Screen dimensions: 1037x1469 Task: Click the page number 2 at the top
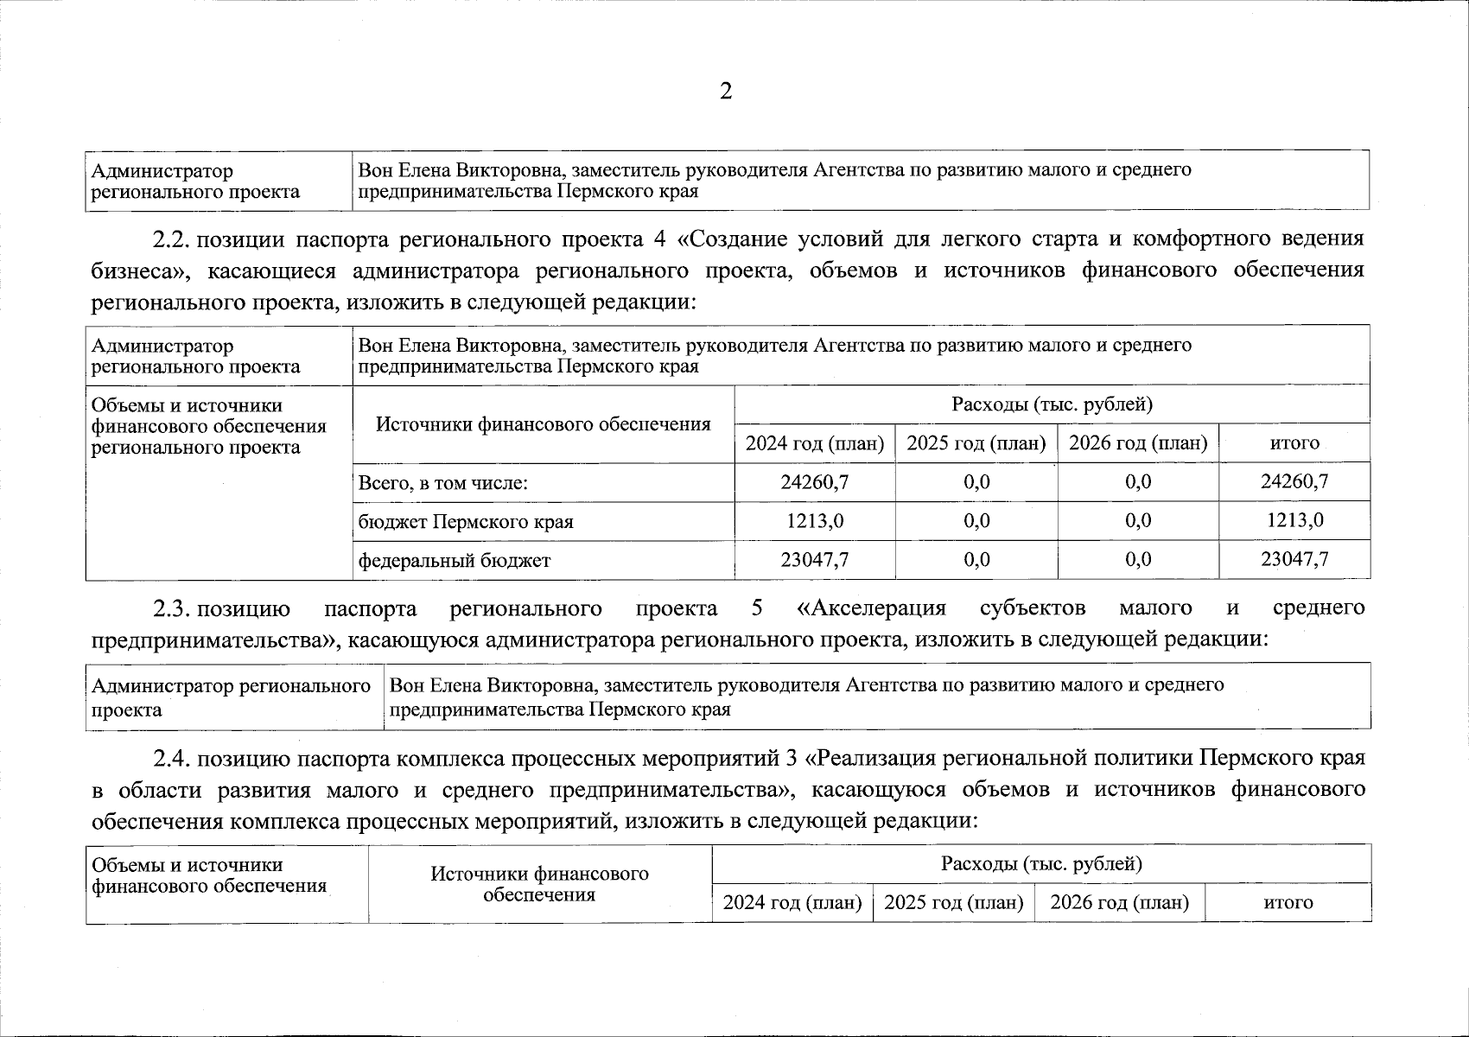(x=726, y=92)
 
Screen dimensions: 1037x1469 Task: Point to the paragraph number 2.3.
(x=171, y=608)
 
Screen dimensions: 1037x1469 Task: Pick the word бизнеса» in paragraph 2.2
(x=137, y=271)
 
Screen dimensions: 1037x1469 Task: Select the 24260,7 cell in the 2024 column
(x=814, y=481)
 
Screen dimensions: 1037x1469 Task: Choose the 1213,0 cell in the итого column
(x=1294, y=520)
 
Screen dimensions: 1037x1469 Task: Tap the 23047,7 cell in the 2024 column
(x=814, y=560)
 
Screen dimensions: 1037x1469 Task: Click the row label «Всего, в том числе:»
(x=443, y=482)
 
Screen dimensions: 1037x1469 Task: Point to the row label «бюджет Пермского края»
(x=466, y=522)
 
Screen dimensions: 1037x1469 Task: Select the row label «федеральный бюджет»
(x=455, y=561)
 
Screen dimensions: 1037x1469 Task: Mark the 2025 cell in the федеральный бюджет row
(x=976, y=560)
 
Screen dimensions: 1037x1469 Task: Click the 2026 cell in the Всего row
(x=1138, y=481)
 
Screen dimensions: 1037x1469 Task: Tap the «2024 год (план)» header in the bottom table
(x=792, y=903)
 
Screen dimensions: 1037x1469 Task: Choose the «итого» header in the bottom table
(x=1288, y=903)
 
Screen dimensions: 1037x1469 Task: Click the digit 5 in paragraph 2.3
(x=758, y=608)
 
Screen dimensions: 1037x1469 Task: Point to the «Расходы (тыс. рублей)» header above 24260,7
(x=1052, y=404)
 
